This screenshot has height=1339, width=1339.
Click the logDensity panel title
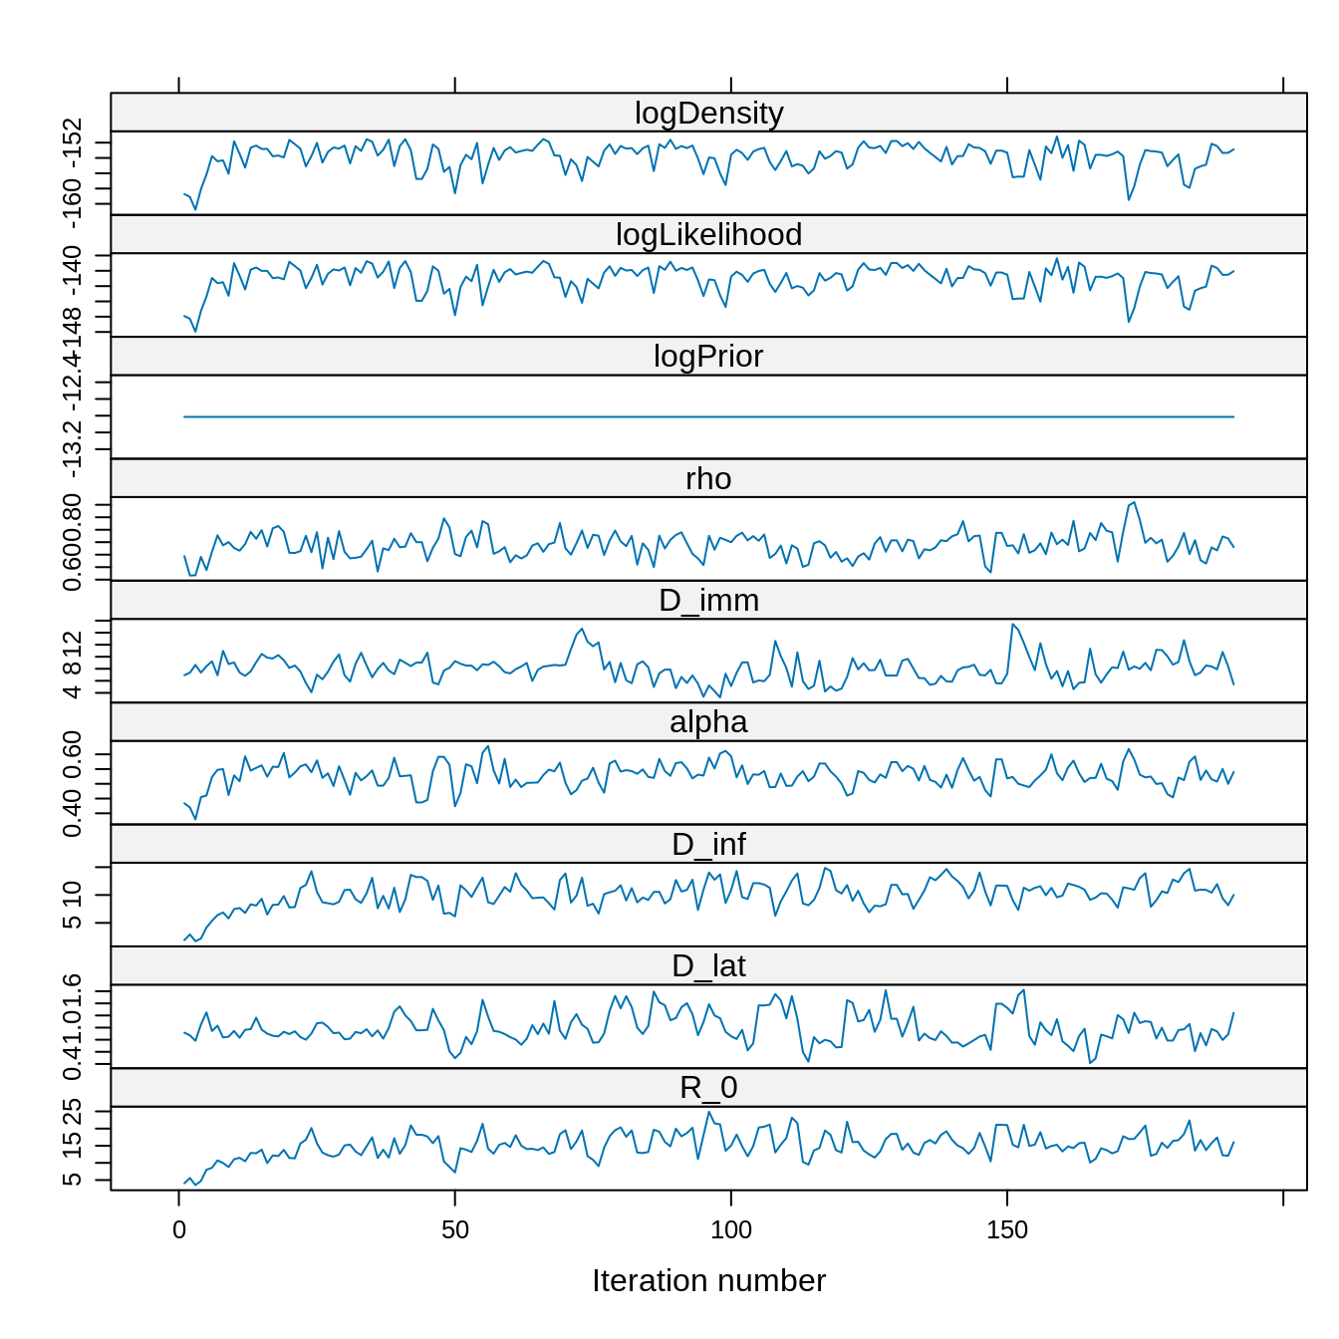(x=708, y=114)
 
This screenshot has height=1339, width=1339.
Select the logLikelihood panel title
(x=708, y=235)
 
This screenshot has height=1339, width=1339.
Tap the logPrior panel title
(x=708, y=357)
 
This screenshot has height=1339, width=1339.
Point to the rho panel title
(x=708, y=479)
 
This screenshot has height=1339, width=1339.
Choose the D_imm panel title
(x=708, y=601)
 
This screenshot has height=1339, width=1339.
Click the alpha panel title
(x=708, y=722)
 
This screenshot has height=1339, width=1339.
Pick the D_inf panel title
(x=708, y=845)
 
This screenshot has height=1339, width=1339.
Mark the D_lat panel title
(x=708, y=966)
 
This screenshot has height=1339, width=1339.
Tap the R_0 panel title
(x=708, y=1088)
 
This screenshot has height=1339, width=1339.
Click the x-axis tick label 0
(x=179, y=1230)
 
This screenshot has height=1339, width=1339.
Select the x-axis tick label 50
(x=455, y=1230)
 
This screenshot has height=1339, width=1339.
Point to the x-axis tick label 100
(x=731, y=1230)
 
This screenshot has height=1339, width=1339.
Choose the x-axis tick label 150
(x=1007, y=1230)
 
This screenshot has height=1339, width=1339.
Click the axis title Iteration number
(x=708, y=1281)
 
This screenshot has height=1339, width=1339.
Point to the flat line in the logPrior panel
(x=708, y=416)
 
